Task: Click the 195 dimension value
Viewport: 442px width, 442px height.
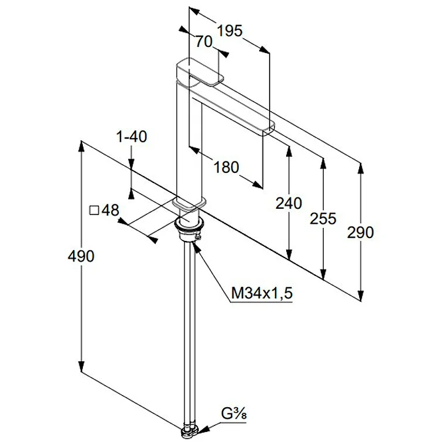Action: point(229,30)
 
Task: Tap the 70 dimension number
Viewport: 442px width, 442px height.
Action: point(203,42)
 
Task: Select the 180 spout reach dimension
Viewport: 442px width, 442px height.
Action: point(227,167)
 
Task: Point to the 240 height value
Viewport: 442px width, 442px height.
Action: point(288,203)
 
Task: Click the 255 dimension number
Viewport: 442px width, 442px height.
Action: point(323,218)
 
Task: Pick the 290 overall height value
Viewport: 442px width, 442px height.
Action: point(360,233)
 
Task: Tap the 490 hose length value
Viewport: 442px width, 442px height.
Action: point(81,256)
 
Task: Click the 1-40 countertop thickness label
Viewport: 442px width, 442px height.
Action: point(131,136)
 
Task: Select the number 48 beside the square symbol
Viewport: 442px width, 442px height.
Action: point(110,210)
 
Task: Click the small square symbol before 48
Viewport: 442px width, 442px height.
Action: point(94,211)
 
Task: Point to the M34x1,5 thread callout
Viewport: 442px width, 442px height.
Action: point(262,293)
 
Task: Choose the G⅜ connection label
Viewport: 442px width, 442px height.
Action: point(234,414)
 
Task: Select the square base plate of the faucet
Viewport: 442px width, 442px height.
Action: point(189,204)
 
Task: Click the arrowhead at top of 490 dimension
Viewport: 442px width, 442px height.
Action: point(81,147)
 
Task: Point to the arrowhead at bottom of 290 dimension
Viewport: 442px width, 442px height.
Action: point(361,296)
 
